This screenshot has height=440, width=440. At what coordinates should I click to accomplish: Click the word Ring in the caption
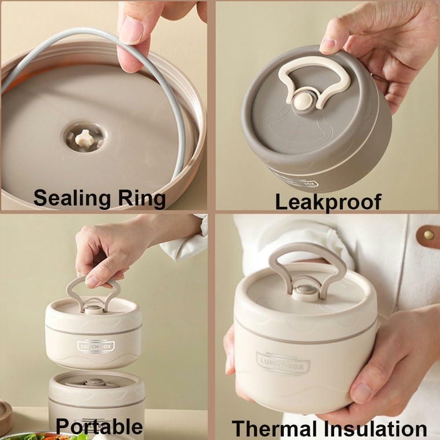coord(141,199)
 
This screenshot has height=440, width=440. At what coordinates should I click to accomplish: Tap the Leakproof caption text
coord(328,202)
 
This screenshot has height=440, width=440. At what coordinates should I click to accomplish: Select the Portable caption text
coord(99,427)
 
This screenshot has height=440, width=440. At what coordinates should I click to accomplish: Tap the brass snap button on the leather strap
coord(429,235)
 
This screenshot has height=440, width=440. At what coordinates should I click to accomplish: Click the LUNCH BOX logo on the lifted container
coord(96,346)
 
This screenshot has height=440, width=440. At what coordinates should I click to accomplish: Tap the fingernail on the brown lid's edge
coord(327,45)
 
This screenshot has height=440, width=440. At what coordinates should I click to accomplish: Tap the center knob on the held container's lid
coord(305,292)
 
